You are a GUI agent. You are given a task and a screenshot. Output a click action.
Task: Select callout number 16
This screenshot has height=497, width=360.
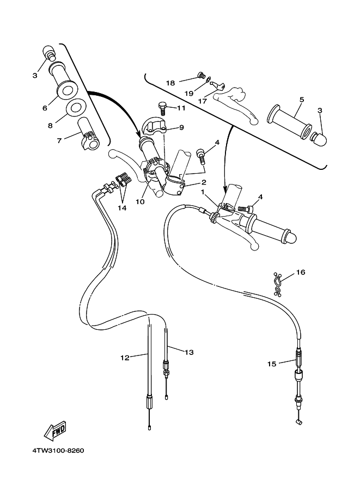click(301, 272)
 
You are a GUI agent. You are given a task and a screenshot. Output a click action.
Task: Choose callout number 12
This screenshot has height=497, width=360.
click(125, 358)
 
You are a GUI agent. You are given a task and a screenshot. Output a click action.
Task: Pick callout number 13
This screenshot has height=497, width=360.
click(189, 352)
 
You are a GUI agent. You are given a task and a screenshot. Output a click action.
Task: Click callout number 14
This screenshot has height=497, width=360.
click(121, 208)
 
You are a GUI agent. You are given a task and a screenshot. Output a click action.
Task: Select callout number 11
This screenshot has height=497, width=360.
click(181, 108)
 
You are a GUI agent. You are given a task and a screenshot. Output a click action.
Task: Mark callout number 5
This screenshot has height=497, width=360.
click(301, 100)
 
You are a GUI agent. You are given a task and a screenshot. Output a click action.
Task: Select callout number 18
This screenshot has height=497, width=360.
click(171, 83)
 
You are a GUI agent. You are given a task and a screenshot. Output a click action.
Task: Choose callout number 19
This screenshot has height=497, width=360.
click(189, 94)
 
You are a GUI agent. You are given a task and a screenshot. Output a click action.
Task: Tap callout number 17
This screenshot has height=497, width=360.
click(203, 100)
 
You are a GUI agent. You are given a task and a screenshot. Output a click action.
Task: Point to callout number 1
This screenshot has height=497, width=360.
click(203, 192)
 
